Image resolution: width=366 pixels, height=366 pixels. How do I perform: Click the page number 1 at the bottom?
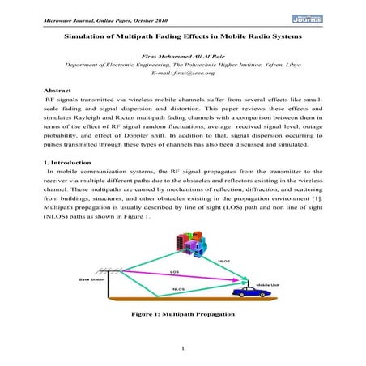tap(183, 349)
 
